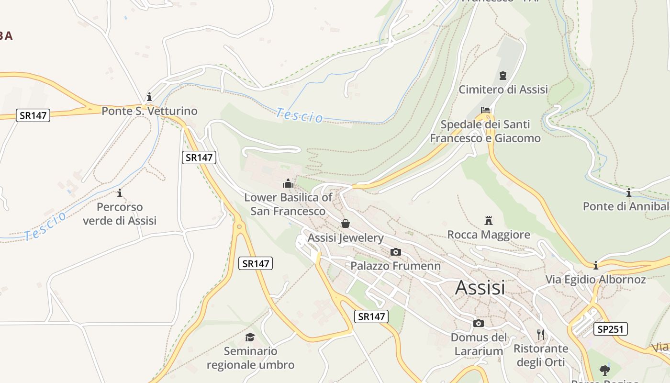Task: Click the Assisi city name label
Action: point(480,288)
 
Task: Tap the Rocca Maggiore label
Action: point(489,235)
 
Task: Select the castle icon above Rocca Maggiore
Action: point(489,221)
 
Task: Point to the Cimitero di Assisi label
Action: point(503,90)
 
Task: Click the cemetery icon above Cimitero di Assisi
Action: point(502,75)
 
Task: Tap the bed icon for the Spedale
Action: point(485,110)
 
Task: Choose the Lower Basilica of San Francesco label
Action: point(288,204)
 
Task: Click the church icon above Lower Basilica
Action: point(288,183)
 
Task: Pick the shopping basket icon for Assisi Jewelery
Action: point(346,224)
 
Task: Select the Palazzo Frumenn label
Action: point(396,266)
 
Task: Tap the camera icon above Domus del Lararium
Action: point(478,324)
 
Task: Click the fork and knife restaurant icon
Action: point(541,334)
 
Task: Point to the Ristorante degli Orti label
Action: point(541,355)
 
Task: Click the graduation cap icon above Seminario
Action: point(250,337)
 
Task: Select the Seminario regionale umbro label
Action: point(250,358)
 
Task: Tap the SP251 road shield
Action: point(611,329)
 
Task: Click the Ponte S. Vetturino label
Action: point(149,111)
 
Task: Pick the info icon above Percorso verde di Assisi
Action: point(120,193)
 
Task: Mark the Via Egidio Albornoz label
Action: point(596,280)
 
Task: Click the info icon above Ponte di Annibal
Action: point(629,192)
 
